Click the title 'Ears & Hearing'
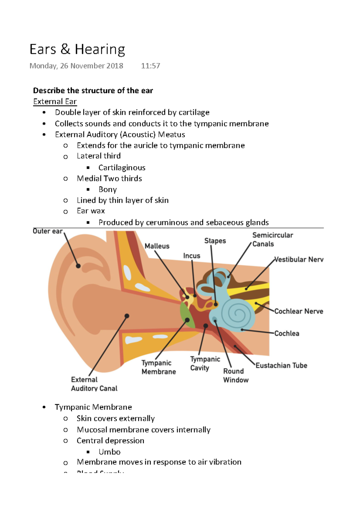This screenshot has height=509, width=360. (x=77, y=49)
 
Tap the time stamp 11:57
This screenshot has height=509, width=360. (x=151, y=66)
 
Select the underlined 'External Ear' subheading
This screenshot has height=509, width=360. (x=55, y=102)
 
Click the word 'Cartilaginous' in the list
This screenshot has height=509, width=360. (x=122, y=168)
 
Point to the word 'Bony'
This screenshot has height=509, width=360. (x=108, y=189)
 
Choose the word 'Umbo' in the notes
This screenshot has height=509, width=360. (x=109, y=452)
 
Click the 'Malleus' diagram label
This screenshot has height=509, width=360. (x=157, y=246)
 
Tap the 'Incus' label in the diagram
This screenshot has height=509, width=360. (x=192, y=256)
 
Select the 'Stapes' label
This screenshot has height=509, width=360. (x=215, y=241)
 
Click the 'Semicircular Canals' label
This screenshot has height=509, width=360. (x=272, y=240)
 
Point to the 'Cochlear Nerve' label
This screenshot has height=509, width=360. (x=299, y=311)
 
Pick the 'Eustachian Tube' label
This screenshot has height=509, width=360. (x=281, y=365)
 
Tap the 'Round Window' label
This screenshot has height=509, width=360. (x=236, y=376)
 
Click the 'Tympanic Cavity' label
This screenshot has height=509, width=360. (x=205, y=364)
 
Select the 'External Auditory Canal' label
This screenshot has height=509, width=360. (x=94, y=384)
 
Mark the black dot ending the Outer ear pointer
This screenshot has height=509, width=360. (x=78, y=266)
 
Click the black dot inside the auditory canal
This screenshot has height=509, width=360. (x=127, y=316)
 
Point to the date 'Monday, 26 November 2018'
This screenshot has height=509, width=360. (x=76, y=66)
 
